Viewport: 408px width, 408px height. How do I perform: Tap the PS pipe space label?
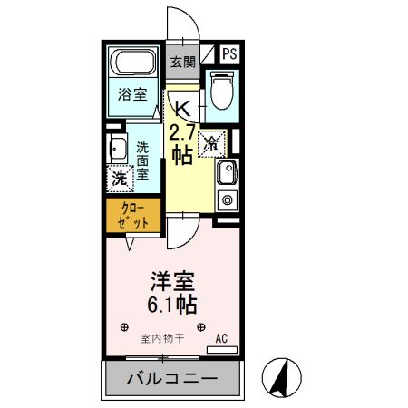pyautogui.click(x=230, y=53)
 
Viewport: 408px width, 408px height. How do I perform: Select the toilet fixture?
pyautogui.click(x=219, y=92)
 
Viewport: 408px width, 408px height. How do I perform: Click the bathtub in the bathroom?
pyautogui.click(x=132, y=65)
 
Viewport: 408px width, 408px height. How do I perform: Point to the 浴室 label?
pyautogui.click(x=132, y=93)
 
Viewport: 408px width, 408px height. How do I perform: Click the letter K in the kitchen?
pyautogui.click(x=182, y=106)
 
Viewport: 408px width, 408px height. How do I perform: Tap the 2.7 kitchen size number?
pyautogui.click(x=181, y=130)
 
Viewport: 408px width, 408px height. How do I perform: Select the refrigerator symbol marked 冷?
pyautogui.click(x=211, y=142)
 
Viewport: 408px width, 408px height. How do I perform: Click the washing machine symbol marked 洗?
pyautogui.click(x=119, y=178)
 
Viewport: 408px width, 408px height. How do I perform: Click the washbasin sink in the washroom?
pyautogui.click(x=117, y=151)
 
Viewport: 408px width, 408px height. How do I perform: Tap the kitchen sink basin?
pyautogui.click(x=228, y=172)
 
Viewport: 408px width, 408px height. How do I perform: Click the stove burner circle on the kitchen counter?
pyautogui.click(x=228, y=199)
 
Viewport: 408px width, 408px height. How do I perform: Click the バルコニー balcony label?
pyautogui.click(x=171, y=378)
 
